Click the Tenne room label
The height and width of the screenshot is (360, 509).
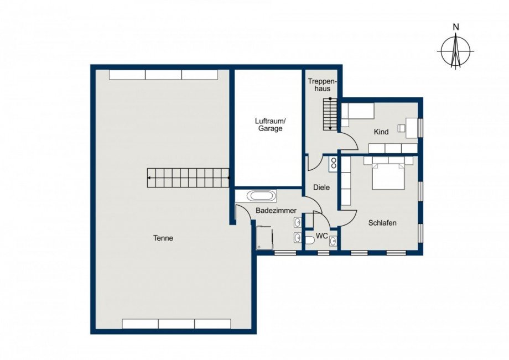[163, 238]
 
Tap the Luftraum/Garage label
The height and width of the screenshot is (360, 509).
[270, 125]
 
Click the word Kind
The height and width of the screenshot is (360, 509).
[381, 132]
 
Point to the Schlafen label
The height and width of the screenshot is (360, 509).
[382, 223]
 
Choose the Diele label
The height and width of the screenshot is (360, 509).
[321, 187]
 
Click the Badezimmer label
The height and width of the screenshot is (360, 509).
[276, 211]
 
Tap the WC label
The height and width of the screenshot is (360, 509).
[321, 236]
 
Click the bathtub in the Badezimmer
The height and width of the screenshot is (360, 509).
[262, 196]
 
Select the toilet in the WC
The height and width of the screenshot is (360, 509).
[310, 241]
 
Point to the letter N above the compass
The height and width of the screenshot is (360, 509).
[456, 27]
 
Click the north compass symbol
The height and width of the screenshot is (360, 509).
[456, 51]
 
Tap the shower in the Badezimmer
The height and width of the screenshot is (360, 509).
[264, 238]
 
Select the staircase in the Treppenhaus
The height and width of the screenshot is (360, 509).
[330, 114]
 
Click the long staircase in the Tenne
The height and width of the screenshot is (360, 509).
[188, 178]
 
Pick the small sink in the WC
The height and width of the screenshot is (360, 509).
[333, 241]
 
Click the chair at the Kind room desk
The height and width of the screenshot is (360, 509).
[402, 128]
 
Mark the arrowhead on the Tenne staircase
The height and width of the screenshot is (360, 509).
[149, 178]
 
